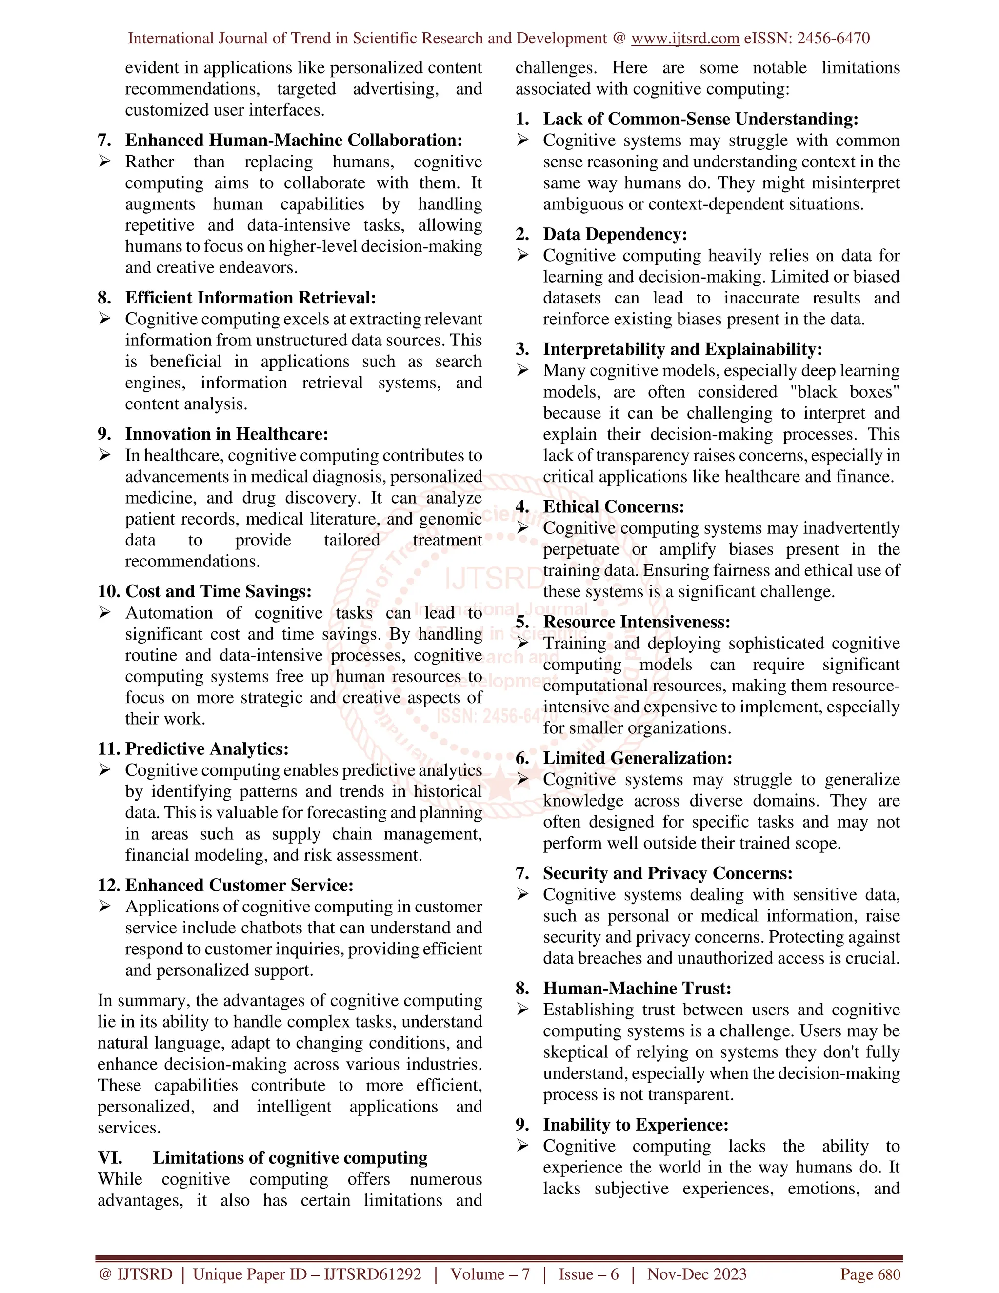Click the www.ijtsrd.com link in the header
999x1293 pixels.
pos(685,39)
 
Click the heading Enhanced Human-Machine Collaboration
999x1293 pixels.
pos(294,141)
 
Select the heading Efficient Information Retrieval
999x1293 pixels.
pos(250,298)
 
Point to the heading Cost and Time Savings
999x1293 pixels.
pos(219,591)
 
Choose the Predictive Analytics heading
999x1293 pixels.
pos(206,749)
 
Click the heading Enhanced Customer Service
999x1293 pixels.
pos(239,885)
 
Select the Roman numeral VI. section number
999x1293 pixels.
pos(111,1158)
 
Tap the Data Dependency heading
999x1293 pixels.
pos(615,234)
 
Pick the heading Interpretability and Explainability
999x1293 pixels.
pos(682,349)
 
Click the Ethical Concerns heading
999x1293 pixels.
pos(613,507)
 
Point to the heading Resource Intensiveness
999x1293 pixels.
pos(636,622)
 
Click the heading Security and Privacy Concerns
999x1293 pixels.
pos(668,873)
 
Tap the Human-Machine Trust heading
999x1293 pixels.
pos(637,988)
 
